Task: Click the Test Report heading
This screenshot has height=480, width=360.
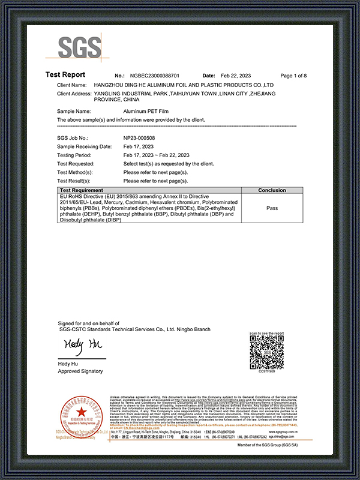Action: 65,75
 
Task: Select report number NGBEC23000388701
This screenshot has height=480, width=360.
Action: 155,76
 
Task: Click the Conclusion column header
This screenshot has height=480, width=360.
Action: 271,190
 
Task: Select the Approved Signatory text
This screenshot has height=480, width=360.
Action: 80,371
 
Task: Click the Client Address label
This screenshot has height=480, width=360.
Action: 74,94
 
